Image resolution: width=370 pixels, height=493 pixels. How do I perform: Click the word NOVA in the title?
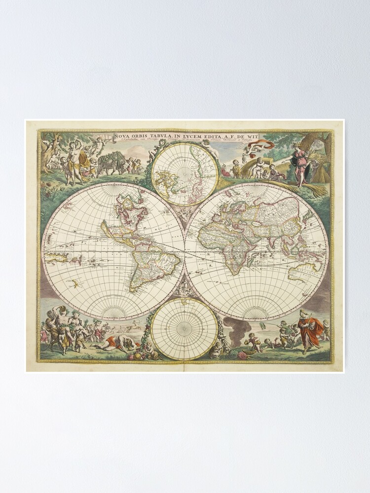point(122,137)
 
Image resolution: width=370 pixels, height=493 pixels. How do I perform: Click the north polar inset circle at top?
point(185,174)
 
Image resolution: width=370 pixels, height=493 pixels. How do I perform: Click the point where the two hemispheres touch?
point(185,251)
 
